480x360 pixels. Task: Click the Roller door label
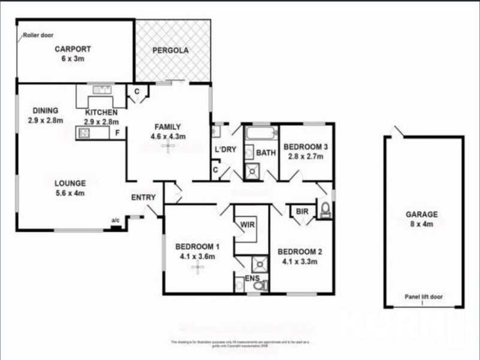click(x=38, y=35)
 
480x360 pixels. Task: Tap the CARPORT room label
click(x=73, y=50)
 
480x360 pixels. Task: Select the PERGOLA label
click(x=170, y=50)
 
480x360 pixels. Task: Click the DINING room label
click(x=46, y=110)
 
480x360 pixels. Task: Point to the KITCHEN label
click(x=101, y=113)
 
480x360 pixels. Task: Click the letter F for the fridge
click(x=117, y=132)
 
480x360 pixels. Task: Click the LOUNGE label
click(x=70, y=183)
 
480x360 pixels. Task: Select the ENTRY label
click(x=143, y=197)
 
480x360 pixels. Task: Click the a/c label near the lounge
click(x=116, y=220)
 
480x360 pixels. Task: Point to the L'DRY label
click(x=225, y=149)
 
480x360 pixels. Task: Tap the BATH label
click(x=266, y=153)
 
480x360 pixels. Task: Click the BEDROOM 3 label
click(x=306, y=147)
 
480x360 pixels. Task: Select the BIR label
click(x=302, y=211)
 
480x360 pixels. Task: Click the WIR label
click(x=248, y=226)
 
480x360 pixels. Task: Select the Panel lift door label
click(x=424, y=296)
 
